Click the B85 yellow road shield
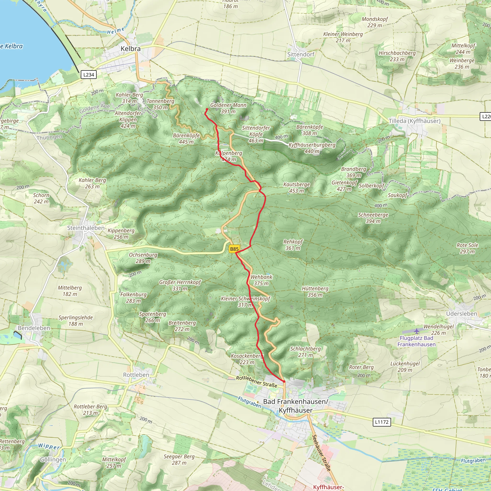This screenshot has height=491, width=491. [234, 249]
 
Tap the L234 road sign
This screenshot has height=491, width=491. [89, 75]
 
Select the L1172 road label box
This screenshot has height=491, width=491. [381, 422]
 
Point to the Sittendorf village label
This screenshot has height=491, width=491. [301, 54]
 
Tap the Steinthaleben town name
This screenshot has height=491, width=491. [86, 228]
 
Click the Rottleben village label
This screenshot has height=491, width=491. [136, 375]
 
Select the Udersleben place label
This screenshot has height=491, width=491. [462, 314]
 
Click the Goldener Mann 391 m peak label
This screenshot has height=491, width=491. [228, 108]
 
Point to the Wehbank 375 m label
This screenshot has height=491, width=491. [261, 280]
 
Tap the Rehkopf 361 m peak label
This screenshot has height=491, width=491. [293, 245]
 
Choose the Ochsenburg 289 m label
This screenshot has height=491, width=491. [143, 258]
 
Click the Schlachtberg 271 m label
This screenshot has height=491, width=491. [305, 352]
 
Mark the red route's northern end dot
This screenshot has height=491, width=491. [207, 109]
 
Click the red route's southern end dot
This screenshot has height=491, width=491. [284, 381]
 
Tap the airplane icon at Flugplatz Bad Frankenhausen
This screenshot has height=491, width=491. [417, 331]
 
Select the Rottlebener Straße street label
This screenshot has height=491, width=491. [257, 382]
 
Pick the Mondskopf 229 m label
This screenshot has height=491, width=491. [375, 22]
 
